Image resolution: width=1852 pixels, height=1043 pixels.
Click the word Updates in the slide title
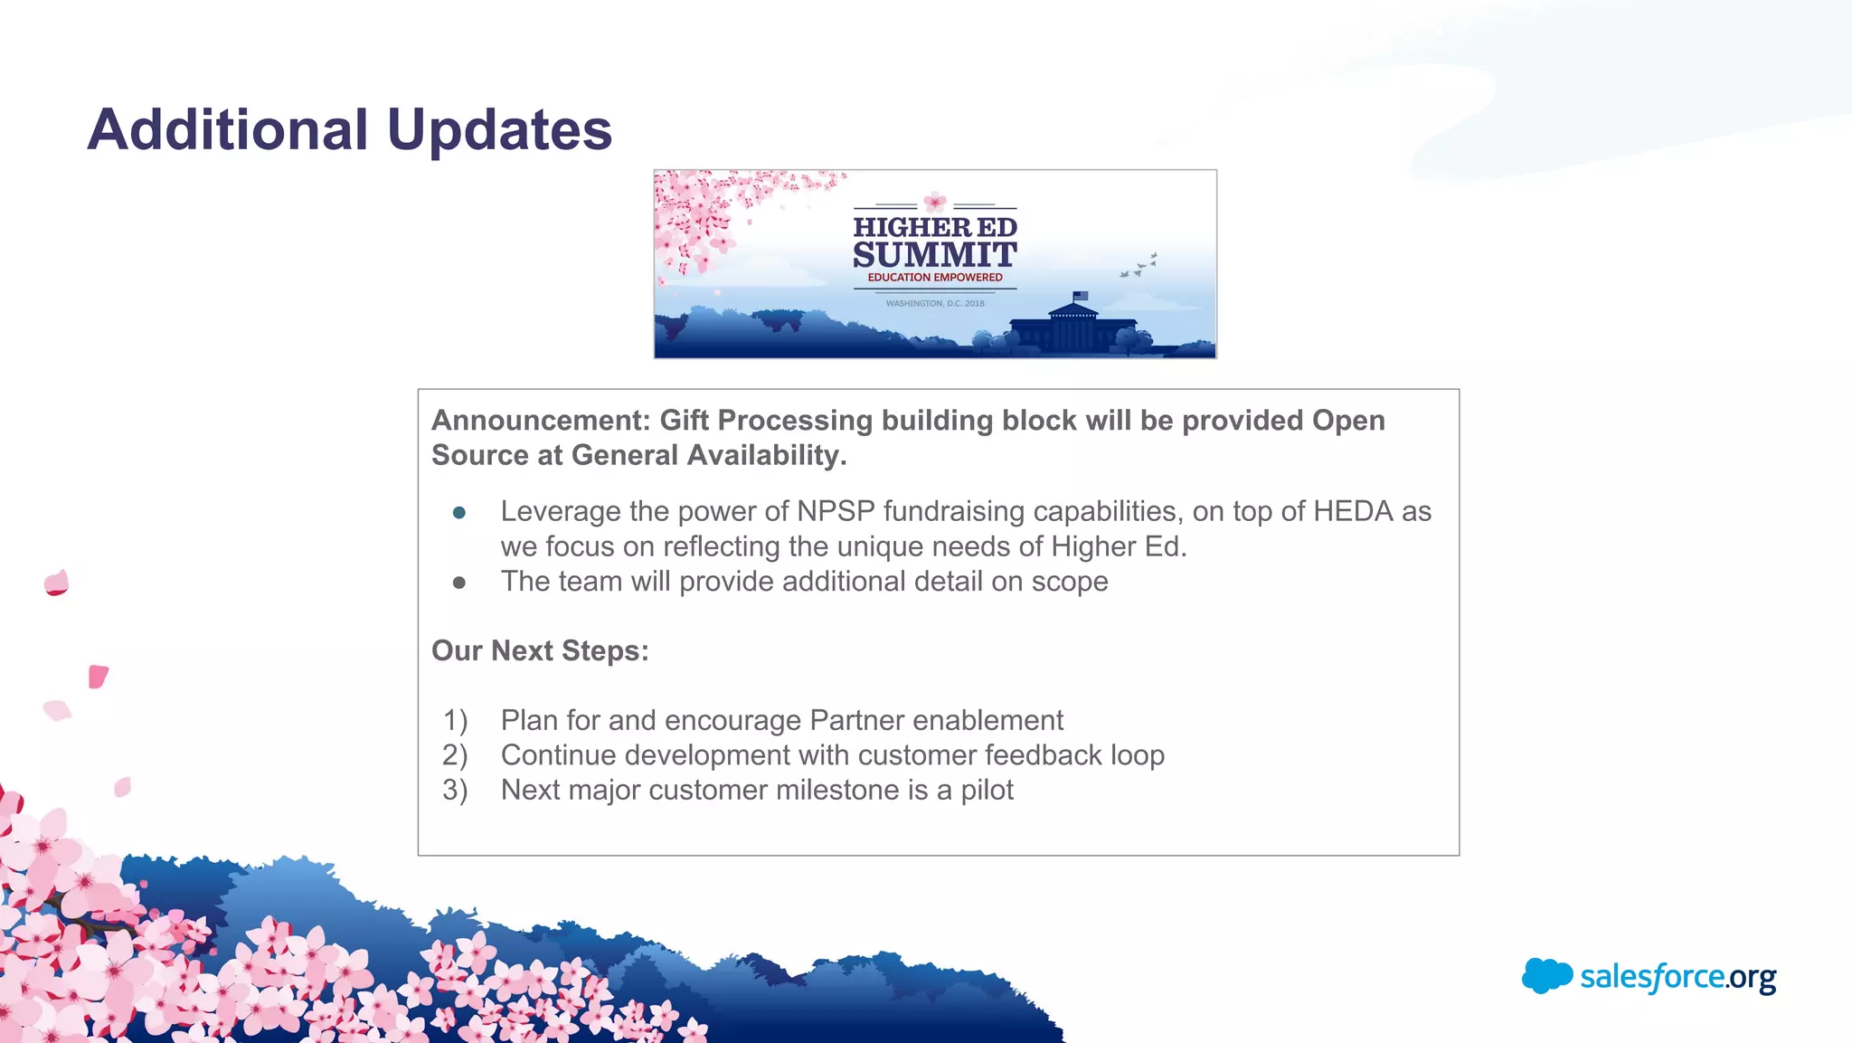tap(499, 129)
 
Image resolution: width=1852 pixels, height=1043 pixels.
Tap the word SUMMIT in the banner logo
tap(935, 255)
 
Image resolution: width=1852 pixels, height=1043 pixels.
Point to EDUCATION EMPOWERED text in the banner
tap(935, 278)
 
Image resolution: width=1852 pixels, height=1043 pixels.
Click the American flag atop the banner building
tap(1080, 296)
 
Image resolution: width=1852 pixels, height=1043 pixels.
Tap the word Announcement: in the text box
tap(541, 421)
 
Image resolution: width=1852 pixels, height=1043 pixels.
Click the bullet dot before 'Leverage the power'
tap(459, 513)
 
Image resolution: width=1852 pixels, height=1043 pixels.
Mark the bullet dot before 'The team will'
tap(459, 583)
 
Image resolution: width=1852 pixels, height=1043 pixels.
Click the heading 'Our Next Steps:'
tap(540, 651)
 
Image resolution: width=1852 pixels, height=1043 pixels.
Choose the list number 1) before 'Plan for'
tap(455, 721)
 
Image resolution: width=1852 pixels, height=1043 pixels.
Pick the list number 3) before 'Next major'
tap(455, 791)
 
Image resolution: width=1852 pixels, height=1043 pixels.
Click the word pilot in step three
tap(987, 791)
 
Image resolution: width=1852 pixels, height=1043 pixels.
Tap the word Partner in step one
tap(856, 721)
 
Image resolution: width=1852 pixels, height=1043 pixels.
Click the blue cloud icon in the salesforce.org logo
tap(1546, 976)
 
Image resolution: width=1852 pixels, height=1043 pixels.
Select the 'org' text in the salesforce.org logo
tap(1752, 978)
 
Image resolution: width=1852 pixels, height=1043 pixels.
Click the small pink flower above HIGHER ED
tap(935, 202)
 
